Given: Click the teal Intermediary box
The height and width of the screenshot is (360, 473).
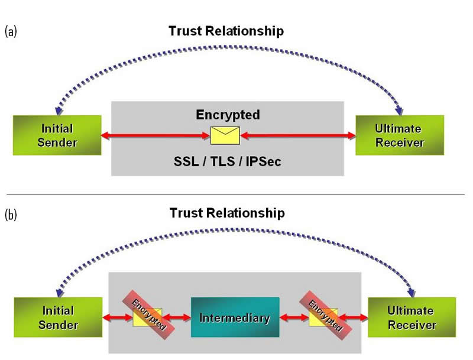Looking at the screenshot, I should (x=235, y=318).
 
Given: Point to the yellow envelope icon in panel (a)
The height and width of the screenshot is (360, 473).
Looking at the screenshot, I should (x=225, y=135).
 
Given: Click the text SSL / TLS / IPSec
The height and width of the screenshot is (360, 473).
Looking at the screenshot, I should (x=226, y=160).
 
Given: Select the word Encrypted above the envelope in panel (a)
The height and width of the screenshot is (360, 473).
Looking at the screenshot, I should (x=228, y=114).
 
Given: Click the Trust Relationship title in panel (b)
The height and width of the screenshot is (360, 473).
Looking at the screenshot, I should (x=226, y=212).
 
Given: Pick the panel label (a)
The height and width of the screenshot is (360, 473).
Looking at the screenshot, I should (x=11, y=31).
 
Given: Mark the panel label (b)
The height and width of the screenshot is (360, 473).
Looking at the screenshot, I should (x=11, y=214).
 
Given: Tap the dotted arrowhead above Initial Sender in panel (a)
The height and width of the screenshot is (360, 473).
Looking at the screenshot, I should (x=57, y=111).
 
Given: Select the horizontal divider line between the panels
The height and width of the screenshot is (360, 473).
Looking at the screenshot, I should (x=237, y=193).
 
